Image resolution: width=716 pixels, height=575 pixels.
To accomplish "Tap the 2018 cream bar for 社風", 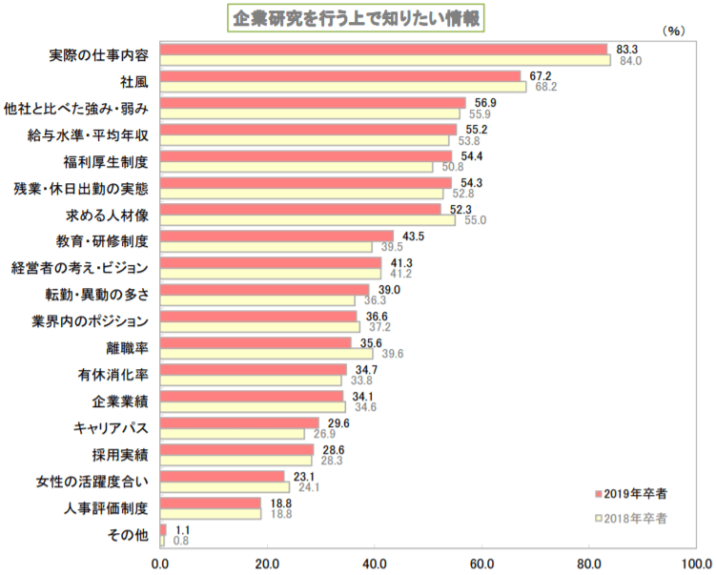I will tap(343, 87).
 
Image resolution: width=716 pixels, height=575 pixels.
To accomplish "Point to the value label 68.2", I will tap(546, 87).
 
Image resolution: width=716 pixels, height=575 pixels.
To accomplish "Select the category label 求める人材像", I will tap(106, 214).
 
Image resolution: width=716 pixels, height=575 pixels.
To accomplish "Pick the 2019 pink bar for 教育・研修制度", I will tap(276, 235).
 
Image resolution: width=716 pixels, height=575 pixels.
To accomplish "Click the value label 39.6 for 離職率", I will tap(393, 354).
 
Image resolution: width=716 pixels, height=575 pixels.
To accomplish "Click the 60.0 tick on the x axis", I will tap(482, 562).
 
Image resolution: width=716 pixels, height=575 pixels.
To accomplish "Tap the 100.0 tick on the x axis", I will tap(697, 562).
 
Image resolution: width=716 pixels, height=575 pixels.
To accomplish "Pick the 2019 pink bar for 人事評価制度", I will tap(210, 502).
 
